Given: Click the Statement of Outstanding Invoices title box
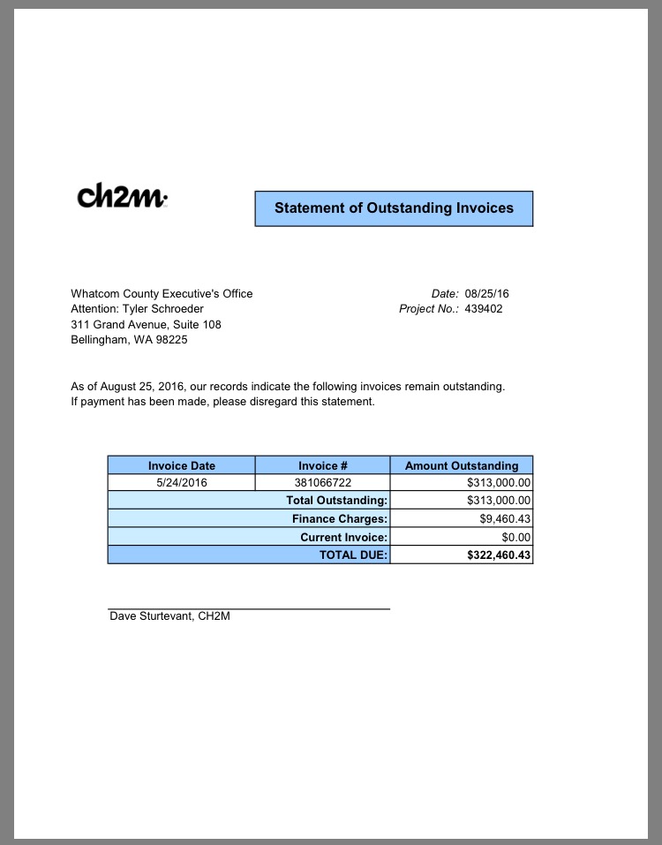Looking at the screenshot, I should [394, 208].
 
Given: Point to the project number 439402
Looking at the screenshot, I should [484, 309].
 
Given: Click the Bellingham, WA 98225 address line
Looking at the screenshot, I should [129, 340].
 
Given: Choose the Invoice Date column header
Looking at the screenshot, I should [181, 465].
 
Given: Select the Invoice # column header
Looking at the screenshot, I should [322, 465].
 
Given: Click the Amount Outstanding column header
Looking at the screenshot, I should [462, 465].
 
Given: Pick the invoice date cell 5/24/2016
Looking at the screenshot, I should [181, 483].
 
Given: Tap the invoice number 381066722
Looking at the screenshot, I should [322, 483].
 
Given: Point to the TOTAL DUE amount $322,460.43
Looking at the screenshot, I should [499, 555].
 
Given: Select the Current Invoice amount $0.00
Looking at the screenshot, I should [515, 537].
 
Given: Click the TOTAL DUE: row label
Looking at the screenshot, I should [353, 555].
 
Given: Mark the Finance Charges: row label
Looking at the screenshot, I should [340, 519].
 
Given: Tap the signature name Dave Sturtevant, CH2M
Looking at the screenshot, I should [169, 616].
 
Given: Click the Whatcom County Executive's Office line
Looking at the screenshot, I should [162, 293].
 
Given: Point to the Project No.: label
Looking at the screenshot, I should [429, 309].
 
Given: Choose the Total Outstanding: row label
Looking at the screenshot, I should [336, 501].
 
